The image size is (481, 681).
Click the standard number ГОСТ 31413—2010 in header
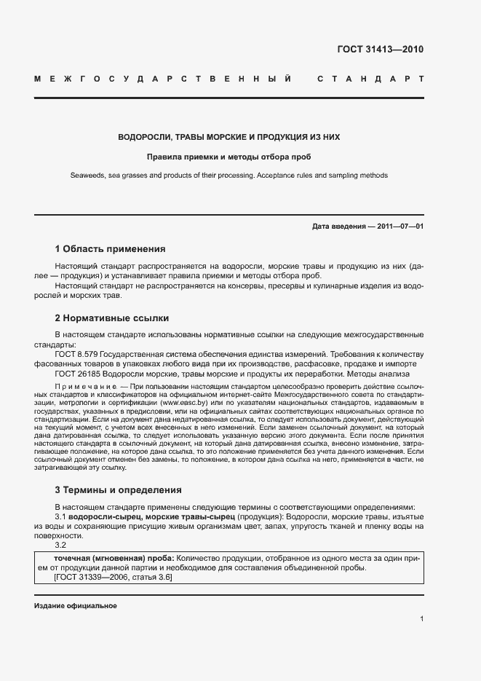coord(380,50)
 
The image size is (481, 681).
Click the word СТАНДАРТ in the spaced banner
coord(370,78)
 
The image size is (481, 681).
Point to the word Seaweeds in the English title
coord(86,176)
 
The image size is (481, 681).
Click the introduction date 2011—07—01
coord(399,226)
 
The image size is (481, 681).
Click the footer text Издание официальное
coord(76,606)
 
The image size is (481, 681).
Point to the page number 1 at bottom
coord(421,619)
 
